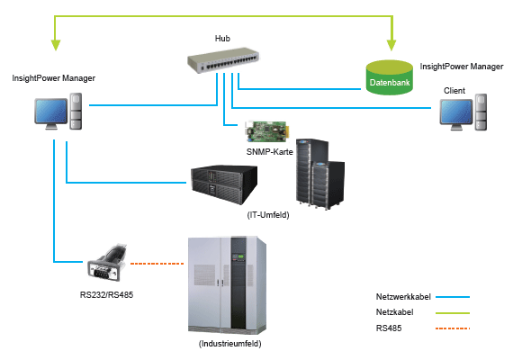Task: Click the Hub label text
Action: [x=222, y=39]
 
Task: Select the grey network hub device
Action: [x=223, y=60]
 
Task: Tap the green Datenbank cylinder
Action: [x=390, y=77]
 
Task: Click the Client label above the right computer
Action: [x=454, y=91]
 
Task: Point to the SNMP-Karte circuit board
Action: [x=266, y=131]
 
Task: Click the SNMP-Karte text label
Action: [x=270, y=152]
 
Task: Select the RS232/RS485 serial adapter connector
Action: [x=107, y=263]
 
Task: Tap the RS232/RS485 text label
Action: [x=107, y=295]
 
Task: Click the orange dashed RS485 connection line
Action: [x=157, y=264]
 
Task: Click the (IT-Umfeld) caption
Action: [x=268, y=215]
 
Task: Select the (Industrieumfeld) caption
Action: [x=230, y=344]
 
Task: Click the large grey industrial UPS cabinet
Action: [x=227, y=284]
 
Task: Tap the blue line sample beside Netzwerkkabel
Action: [x=453, y=297]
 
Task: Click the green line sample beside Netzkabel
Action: [x=453, y=313]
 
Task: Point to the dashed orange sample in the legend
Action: [x=453, y=328]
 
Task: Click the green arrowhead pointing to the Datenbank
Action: [x=391, y=45]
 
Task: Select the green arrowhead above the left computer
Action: [x=56, y=45]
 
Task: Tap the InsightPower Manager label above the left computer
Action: [x=54, y=78]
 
